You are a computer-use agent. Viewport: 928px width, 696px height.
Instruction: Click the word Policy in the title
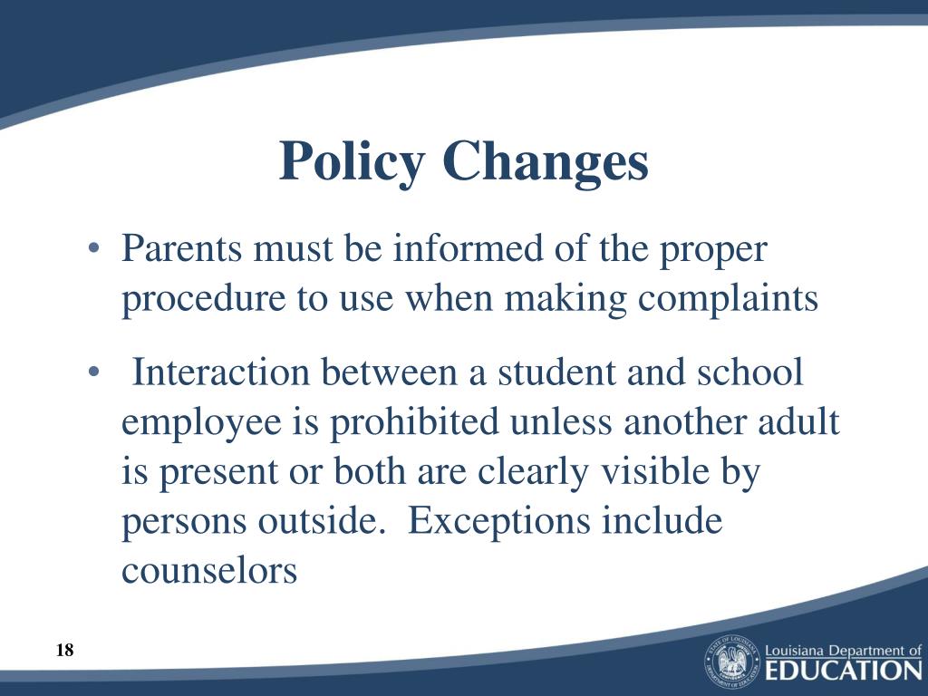click(352, 163)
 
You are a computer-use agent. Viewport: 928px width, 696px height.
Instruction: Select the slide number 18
click(64, 650)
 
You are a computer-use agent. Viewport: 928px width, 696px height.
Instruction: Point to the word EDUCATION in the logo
click(843, 671)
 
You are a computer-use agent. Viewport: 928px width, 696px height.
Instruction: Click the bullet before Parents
click(94, 250)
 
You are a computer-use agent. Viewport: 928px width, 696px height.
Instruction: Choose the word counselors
click(209, 572)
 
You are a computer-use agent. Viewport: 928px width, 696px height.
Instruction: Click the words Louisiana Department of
click(843, 650)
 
